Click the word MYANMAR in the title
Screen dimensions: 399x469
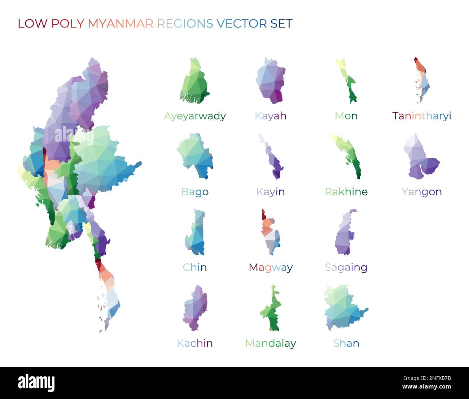[x=121, y=23]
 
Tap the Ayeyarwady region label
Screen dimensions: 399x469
[x=195, y=116]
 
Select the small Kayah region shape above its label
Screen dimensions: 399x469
[x=271, y=81]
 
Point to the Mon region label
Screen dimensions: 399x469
[x=346, y=116]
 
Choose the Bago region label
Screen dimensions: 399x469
[x=195, y=192]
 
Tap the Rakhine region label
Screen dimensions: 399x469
[x=346, y=192]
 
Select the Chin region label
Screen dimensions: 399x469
[x=195, y=268]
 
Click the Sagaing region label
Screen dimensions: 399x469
[x=346, y=268]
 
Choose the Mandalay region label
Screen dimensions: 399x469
[x=271, y=343]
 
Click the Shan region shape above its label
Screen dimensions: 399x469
[x=345, y=307]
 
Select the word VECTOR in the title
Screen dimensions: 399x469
[x=241, y=23]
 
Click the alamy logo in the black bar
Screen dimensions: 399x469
[x=36, y=383]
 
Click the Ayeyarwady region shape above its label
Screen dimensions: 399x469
[x=195, y=83]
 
